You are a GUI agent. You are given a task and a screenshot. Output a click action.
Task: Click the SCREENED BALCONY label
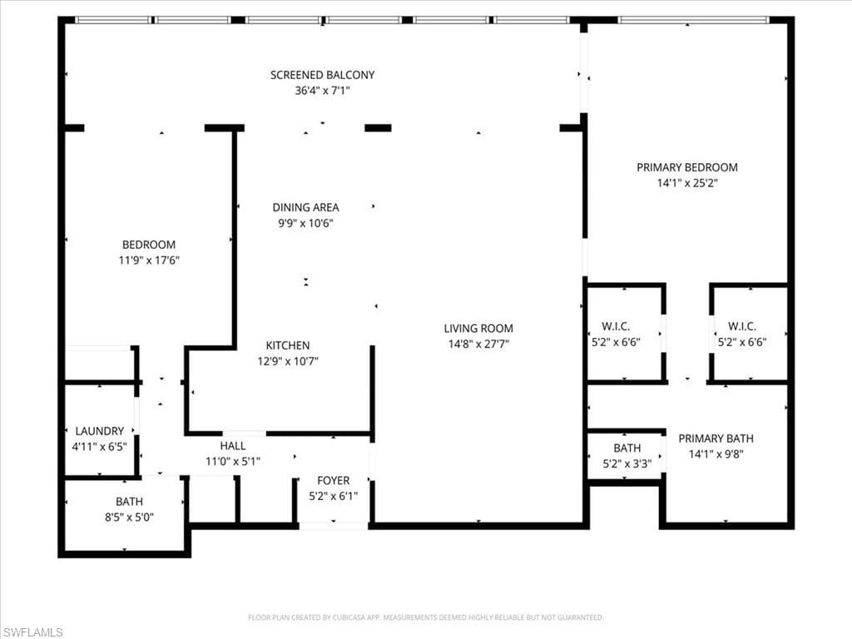(x=322, y=75)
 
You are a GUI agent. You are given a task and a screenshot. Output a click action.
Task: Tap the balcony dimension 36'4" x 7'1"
(x=322, y=90)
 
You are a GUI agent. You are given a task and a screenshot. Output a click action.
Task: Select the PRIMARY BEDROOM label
(x=687, y=167)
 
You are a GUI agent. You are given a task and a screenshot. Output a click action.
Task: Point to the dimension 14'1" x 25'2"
(x=687, y=183)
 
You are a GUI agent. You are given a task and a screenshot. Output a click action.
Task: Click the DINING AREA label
(x=305, y=207)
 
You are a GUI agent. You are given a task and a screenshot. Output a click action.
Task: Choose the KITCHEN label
(x=288, y=345)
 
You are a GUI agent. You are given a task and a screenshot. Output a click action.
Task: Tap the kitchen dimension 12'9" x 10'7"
(x=288, y=361)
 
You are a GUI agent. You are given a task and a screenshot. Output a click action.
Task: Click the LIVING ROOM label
(x=478, y=328)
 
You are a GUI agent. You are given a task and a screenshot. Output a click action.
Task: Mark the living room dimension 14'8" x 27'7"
(x=478, y=344)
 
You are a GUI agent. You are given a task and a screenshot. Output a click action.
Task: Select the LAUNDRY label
(x=100, y=431)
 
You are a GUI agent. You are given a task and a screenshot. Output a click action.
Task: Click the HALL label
(x=233, y=446)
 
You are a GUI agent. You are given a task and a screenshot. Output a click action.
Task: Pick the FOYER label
(x=334, y=481)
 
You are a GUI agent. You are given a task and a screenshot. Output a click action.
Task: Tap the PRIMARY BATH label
(x=716, y=438)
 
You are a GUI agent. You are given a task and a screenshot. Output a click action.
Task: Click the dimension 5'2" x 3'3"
(x=627, y=464)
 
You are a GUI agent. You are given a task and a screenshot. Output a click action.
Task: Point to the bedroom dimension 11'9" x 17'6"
(x=149, y=260)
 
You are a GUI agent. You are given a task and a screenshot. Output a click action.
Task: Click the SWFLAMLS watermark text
(x=32, y=632)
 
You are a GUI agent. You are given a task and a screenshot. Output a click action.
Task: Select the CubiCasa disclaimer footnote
(x=425, y=617)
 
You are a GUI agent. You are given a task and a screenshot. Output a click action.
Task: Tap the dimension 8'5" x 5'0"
(x=129, y=518)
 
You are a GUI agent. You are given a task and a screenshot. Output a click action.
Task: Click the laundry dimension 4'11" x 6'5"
(x=100, y=447)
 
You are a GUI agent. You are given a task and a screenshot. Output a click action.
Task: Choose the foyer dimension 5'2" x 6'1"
(x=334, y=496)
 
